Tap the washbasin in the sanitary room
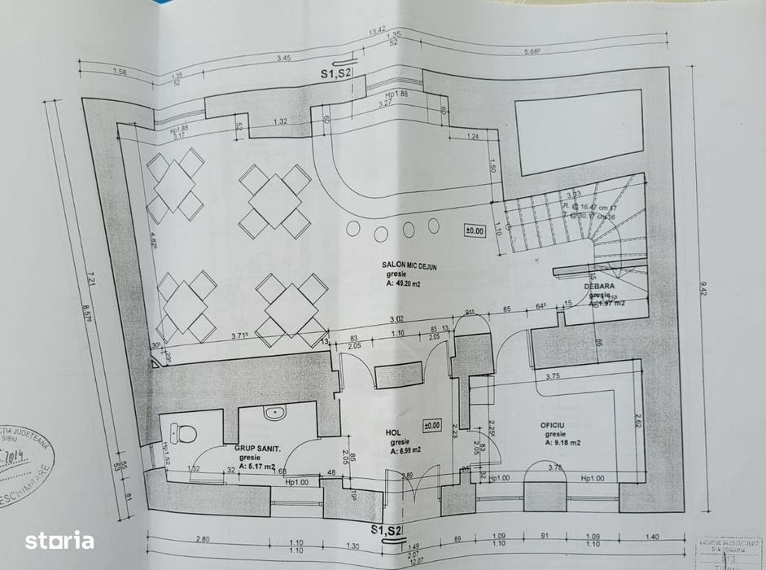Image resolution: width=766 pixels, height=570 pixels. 276,412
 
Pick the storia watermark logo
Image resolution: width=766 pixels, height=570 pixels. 59,540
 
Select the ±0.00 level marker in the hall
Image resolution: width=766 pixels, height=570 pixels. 432,424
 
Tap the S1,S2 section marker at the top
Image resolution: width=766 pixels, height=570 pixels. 337,73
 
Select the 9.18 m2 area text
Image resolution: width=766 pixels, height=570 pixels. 563,444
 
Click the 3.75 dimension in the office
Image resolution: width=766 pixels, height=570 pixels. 554,376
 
